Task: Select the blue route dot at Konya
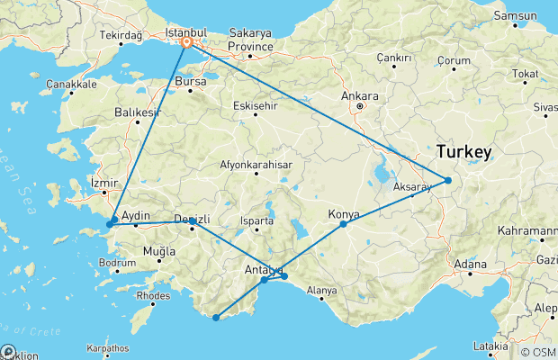[344, 223]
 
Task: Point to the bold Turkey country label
[463, 152]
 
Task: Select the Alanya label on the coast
[321, 291]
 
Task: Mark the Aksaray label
[413, 186]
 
